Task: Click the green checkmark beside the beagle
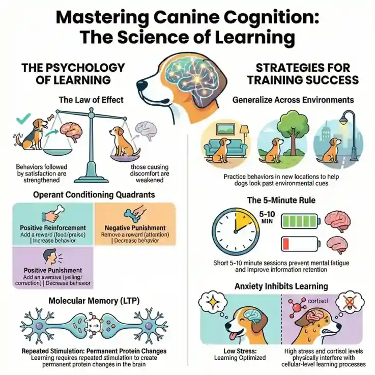(x=23, y=118)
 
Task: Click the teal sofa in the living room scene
(x=225, y=148)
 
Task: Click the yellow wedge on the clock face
(x=245, y=219)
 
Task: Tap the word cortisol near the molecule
(x=318, y=301)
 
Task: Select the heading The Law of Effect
(x=91, y=100)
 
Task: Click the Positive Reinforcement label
(x=53, y=227)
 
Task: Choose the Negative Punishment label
(x=135, y=227)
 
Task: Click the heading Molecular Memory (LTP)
(x=94, y=300)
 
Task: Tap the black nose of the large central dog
(x=141, y=85)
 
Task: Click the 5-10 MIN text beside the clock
(x=267, y=217)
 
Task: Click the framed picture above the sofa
(x=226, y=130)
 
